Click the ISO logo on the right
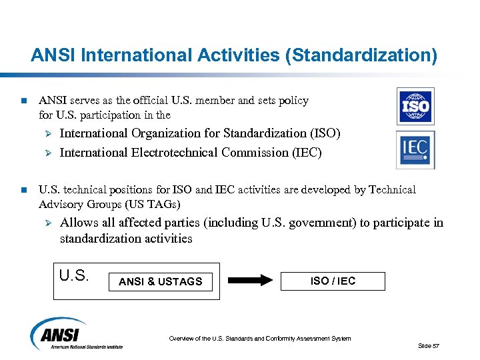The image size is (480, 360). point(415,107)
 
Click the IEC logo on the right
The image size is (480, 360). point(415,149)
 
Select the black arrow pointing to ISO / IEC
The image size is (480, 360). point(245,281)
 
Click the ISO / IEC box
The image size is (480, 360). point(333,281)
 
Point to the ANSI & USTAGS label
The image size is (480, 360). point(160,281)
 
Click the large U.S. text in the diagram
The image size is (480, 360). point(74,275)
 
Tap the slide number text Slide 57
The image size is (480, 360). point(429,345)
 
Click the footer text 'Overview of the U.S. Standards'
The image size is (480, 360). point(260,339)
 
